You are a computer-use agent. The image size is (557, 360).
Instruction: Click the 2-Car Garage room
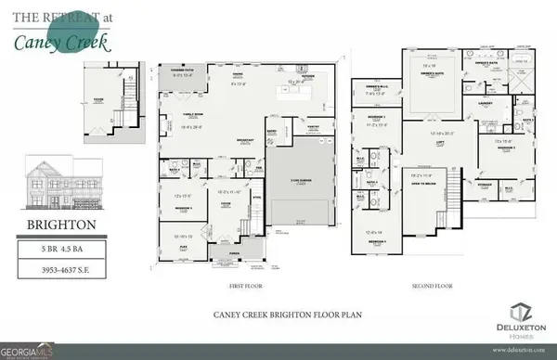[298, 182]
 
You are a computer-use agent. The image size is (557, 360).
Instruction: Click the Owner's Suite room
[428, 74]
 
